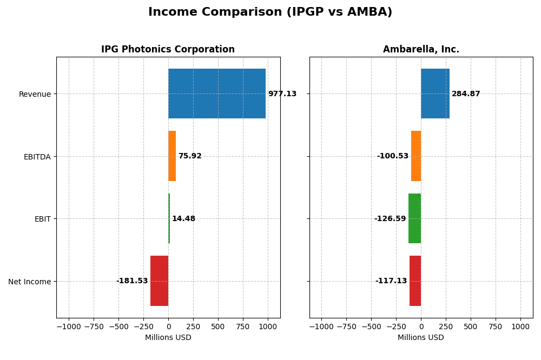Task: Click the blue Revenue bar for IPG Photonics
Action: [x=216, y=94]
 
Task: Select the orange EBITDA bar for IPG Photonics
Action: [x=172, y=156]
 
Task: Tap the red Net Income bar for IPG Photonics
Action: [x=159, y=281]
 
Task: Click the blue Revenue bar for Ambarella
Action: [x=435, y=94]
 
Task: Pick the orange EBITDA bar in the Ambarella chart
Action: [x=416, y=156]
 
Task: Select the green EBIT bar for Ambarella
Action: [x=414, y=218]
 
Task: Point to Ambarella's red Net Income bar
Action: [x=415, y=281]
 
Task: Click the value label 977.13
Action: [x=282, y=94]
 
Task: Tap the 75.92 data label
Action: [x=190, y=156]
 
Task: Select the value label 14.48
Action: [x=183, y=219]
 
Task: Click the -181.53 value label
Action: [x=132, y=281]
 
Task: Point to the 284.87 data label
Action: [x=466, y=94]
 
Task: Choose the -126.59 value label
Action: [x=390, y=219]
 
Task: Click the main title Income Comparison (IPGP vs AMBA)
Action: [x=270, y=12]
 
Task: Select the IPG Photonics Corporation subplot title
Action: [x=168, y=50]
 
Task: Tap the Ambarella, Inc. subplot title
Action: [x=421, y=50]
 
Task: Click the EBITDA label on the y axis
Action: [x=37, y=157]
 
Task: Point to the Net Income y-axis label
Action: [x=29, y=282]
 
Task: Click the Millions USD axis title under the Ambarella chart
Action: [x=420, y=338]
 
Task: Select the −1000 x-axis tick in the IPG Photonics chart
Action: [x=68, y=327]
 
